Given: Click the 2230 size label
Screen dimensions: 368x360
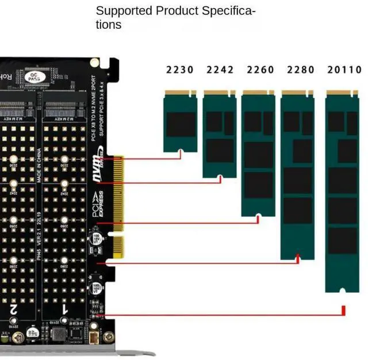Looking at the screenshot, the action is pyautogui.click(x=180, y=70).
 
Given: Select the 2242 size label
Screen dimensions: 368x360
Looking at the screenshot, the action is pyautogui.click(x=220, y=70).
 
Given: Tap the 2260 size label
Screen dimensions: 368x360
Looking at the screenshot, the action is pyautogui.click(x=260, y=70).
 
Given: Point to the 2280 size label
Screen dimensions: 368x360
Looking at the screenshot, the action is pyautogui.click(x=301, y=70).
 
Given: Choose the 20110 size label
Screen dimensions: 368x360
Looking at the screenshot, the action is pyautogui.click(x=345, y=70).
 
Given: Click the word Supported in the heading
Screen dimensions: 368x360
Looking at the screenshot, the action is pyautogui.click(x=124, y=11).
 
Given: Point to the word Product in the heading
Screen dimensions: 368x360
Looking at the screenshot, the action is pyautogui.click(x=175, y=11).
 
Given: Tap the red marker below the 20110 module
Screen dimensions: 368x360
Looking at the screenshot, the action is pyautogui.click(x=343, y=311).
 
